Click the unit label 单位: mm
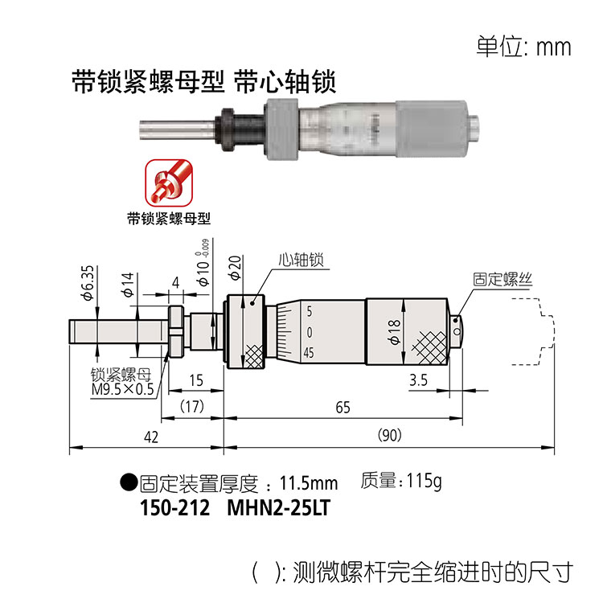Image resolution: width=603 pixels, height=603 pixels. (523, 47)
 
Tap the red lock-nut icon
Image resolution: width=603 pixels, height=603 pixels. (169, 183)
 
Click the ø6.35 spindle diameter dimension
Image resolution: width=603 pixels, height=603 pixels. (88, 283)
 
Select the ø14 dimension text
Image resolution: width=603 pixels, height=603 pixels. (128, 285)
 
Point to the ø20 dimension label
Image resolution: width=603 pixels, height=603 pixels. (234, 268)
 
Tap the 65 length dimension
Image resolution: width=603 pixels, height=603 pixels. (343, 408)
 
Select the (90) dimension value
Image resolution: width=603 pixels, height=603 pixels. (390, 435)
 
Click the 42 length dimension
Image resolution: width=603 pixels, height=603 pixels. (151, 437)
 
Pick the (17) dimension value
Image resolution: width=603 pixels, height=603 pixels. (192, 406)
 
